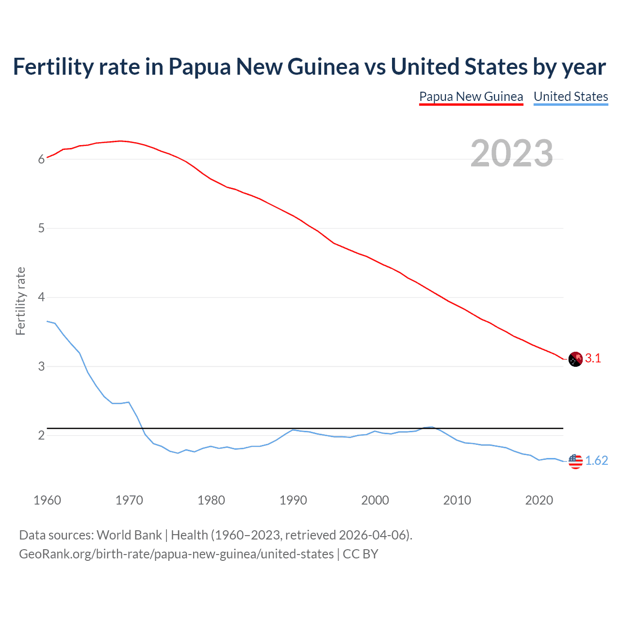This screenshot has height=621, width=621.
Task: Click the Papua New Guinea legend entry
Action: pos(471,97)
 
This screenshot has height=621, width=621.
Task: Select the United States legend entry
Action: pos(571,97)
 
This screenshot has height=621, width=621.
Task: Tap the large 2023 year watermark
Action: pos(512,153)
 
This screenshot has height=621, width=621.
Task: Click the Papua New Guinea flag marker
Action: pos(575,360)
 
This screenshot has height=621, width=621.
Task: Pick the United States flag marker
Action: pos(575,461)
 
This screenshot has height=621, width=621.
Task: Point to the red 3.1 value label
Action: pos(593,359)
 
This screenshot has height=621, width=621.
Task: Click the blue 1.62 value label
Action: pos(596,461)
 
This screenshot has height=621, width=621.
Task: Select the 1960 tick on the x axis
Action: pos(47,500)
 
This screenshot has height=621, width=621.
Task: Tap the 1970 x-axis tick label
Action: pos(129,500)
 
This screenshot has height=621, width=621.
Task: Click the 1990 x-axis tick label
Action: pos(293,500)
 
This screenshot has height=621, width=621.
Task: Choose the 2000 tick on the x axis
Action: pos(375,500)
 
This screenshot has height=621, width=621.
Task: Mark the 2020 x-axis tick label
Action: pos(539,500)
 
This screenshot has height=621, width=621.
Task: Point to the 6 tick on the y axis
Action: pos(41,160)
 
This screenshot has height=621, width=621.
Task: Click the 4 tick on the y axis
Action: pos(41,297)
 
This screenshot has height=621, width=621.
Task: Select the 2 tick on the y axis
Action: pos(41,436)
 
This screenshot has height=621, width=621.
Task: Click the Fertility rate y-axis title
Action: pos(20,301)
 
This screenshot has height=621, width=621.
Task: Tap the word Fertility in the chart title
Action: pos(52,67)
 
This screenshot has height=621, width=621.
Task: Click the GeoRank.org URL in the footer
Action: pos(176,554)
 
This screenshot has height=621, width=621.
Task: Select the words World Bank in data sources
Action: pos(129,535)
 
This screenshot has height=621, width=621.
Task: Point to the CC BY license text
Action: pos(360,554)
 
